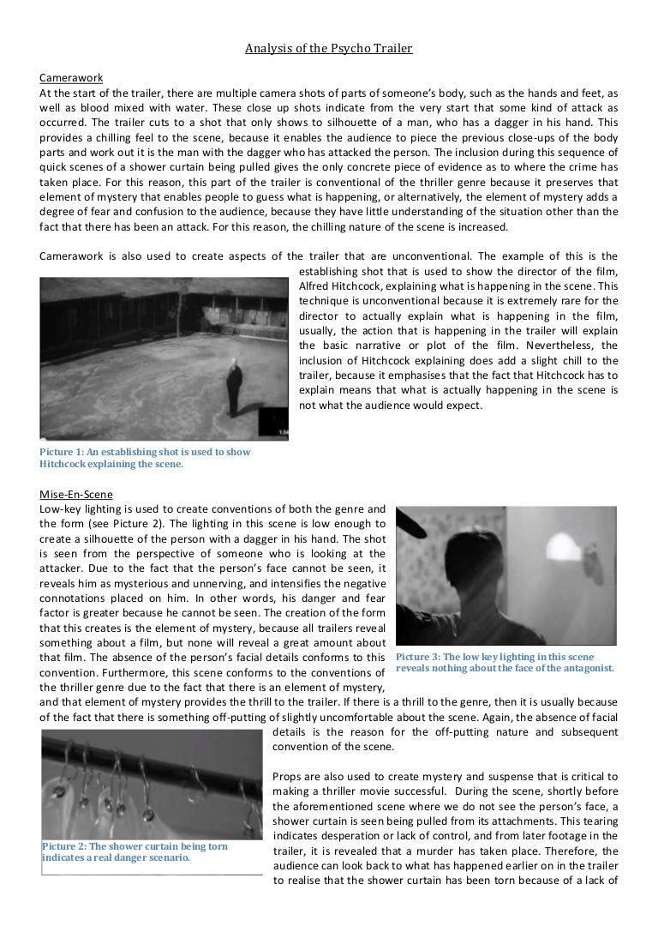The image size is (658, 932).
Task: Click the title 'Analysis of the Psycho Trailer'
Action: pos(328,49)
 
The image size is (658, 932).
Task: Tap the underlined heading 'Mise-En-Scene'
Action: pos(75,494)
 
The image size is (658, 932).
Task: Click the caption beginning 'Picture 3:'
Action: pos(505,662)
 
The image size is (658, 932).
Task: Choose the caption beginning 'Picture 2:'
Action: pos(135,851)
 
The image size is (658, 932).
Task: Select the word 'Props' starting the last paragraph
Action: pos(288,776)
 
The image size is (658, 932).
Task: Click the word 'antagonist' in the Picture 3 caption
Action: pos(585,668)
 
